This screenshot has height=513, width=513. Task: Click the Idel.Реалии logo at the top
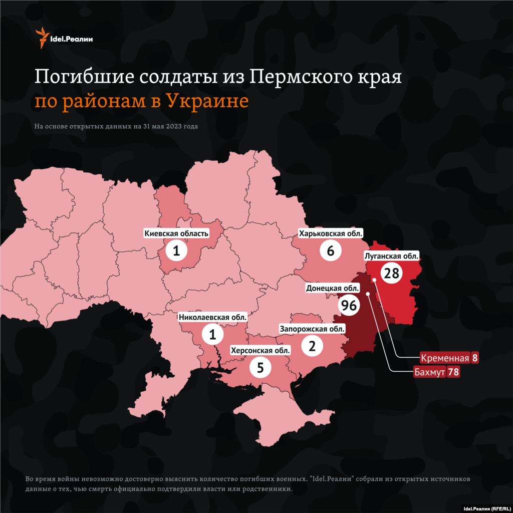click(64, 38)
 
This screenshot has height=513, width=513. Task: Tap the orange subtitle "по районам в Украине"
click(141, 101)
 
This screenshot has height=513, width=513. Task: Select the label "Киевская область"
click(176, 233)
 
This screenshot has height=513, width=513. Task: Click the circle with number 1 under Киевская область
click(176, 250)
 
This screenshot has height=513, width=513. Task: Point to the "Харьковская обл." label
click(330, 233)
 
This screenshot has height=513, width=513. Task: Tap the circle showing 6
click(330, 250)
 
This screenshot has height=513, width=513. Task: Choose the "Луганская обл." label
click(391, 256)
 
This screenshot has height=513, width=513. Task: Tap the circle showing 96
click(350, 305)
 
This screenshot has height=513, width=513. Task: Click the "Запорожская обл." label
click(312, 329)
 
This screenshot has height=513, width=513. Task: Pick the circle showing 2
click(312, 346)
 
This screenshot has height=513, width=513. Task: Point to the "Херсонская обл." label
click(260, 350)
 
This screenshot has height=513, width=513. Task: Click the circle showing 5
click(260, 368)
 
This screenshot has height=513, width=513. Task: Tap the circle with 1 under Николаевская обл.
click(213, 334)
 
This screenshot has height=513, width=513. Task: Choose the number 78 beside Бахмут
click(454, 372)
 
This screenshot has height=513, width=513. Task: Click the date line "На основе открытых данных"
click(116, 126)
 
